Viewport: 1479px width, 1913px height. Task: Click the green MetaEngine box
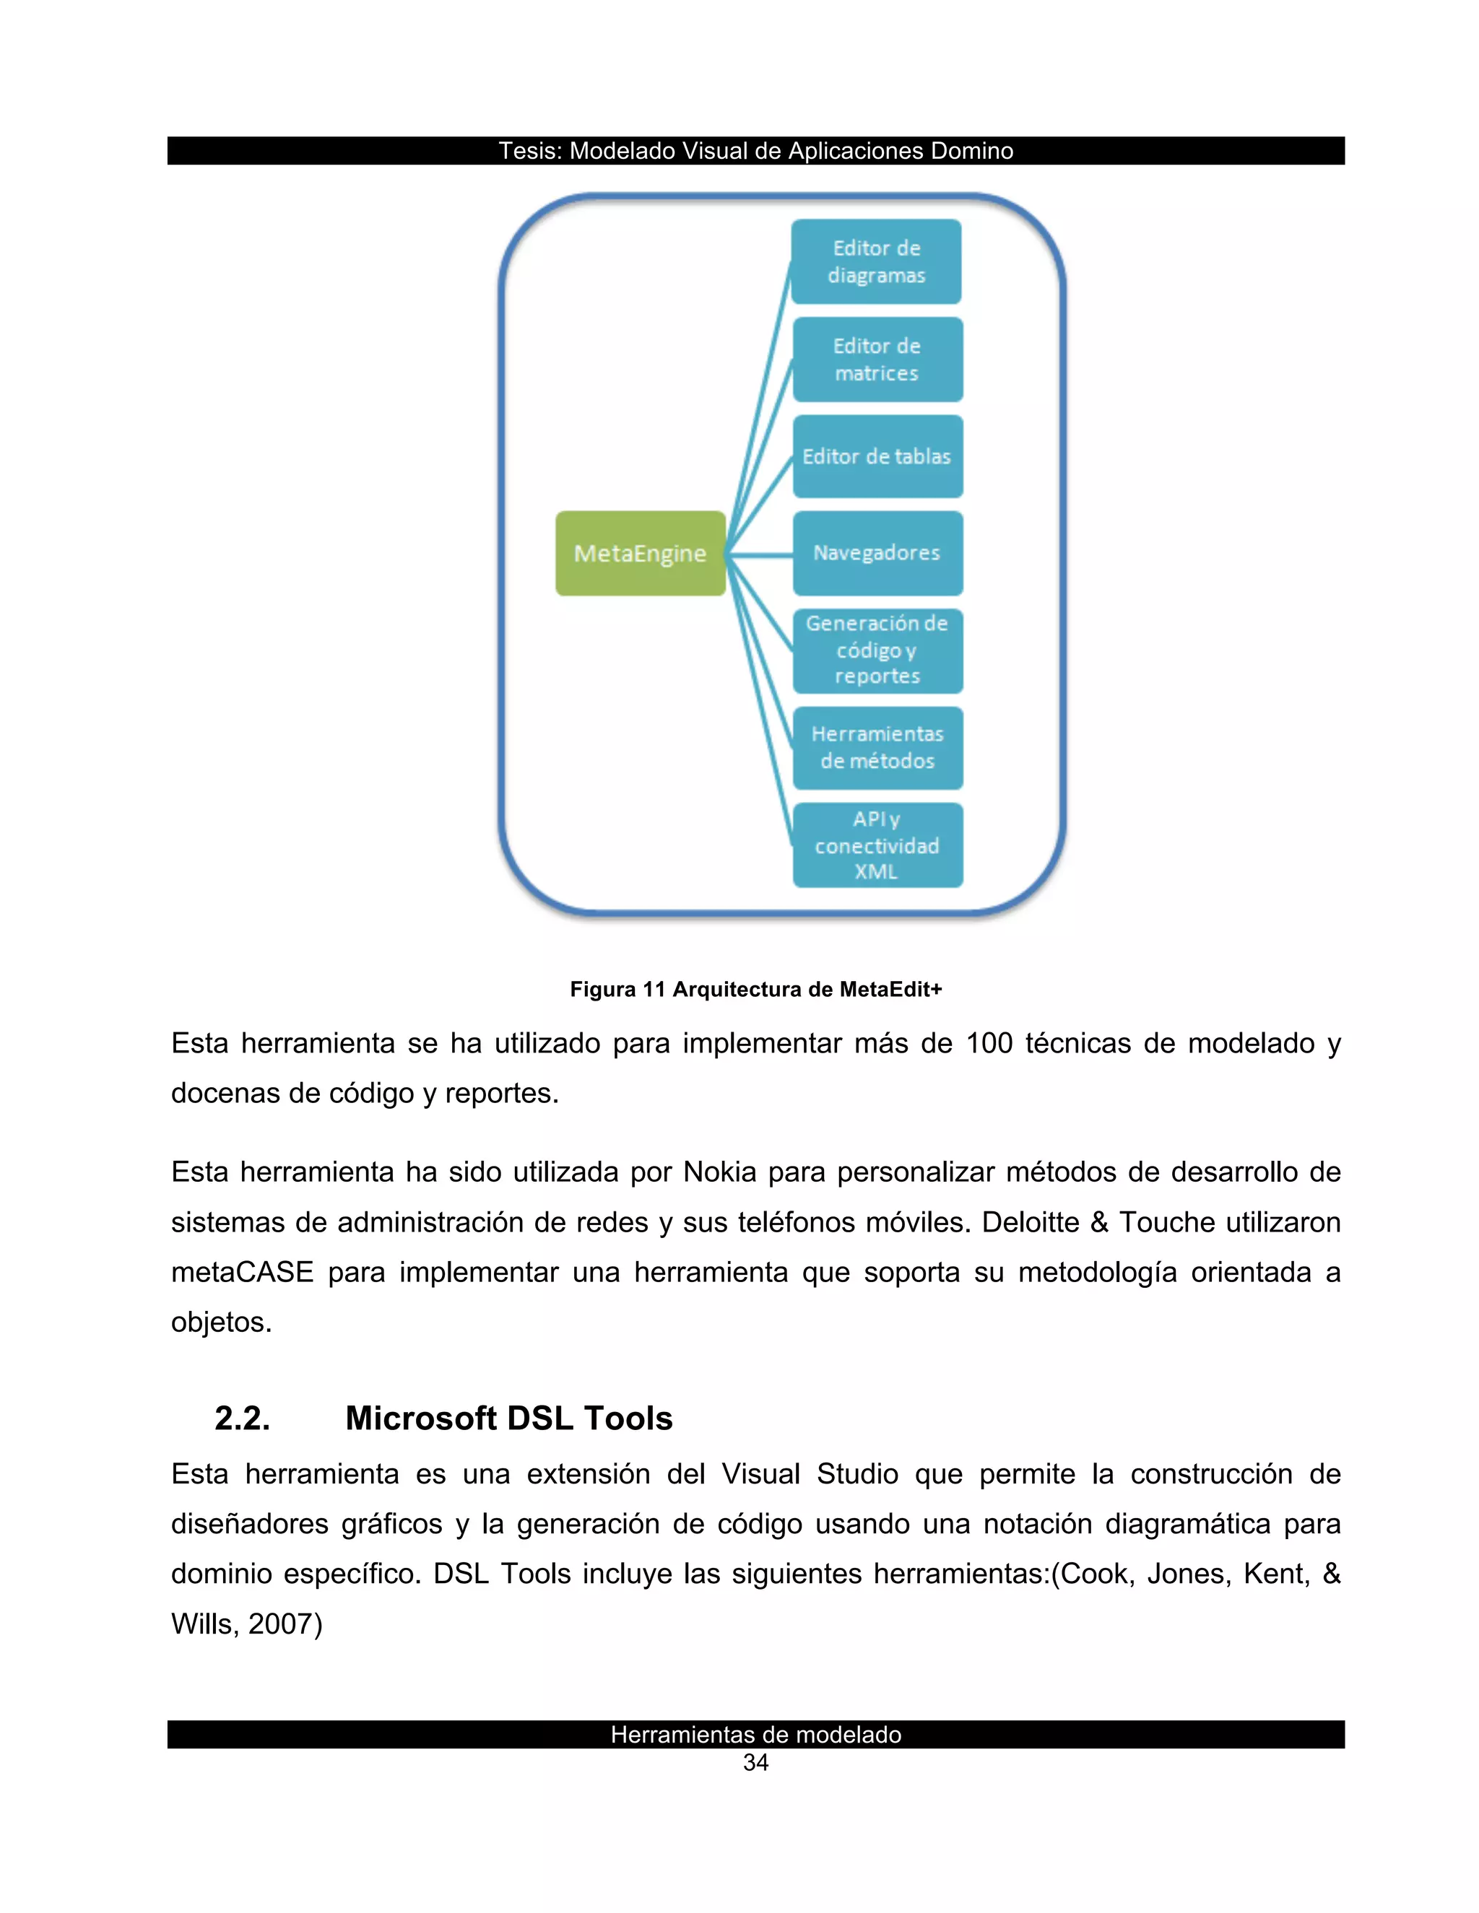point(641,554)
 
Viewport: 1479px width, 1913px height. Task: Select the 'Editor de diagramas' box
point(876,262)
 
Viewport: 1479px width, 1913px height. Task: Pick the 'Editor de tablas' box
point(877,456)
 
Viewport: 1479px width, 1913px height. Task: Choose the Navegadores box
point(877,553)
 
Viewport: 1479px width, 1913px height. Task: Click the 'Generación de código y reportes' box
point(877,650)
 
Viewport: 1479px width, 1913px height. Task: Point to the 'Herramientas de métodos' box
point(877,748)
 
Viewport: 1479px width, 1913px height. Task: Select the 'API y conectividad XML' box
point(877,845)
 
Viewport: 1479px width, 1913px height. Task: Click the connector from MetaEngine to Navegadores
point(760,554)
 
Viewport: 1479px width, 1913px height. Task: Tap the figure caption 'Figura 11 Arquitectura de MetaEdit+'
point(755,990)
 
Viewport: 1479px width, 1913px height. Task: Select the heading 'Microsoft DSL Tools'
point(508,1418)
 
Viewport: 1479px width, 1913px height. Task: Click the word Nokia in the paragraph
point(719,1172)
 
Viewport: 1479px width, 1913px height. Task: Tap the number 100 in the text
point(989,1043)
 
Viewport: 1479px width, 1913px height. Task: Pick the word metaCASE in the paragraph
point(242,1272)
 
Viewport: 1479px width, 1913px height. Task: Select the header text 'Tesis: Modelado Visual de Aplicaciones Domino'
point(755,151)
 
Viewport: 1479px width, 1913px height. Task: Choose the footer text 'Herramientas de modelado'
point(755,1734)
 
